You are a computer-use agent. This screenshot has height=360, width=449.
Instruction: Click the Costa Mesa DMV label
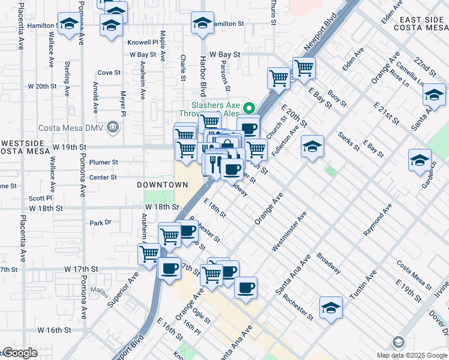click(x=71, y=127)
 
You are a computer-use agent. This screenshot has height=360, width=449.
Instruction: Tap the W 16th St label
click(x=54, y=330)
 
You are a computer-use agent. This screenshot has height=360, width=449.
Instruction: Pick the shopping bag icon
click(x=229, y=146)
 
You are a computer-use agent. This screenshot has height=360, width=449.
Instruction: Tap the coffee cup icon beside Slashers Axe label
click(x=248, y=127)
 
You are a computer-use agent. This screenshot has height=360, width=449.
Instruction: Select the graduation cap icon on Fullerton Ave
click(x=312, y=146)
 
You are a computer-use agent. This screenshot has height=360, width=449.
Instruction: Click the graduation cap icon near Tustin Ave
click(x=331, y=308)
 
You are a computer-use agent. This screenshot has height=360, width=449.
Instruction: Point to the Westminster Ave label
click(x=289, y=231)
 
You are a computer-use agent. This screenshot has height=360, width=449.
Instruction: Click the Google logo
click(x=20, y=353)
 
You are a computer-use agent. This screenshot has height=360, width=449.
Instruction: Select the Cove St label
click(x=109, y=73)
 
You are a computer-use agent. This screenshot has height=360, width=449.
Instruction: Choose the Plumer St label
click(x=103, y=162)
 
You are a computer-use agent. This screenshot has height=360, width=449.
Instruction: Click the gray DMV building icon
click(x=112, y=127)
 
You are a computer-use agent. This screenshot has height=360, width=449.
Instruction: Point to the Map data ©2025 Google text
click(x=412, y=355)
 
